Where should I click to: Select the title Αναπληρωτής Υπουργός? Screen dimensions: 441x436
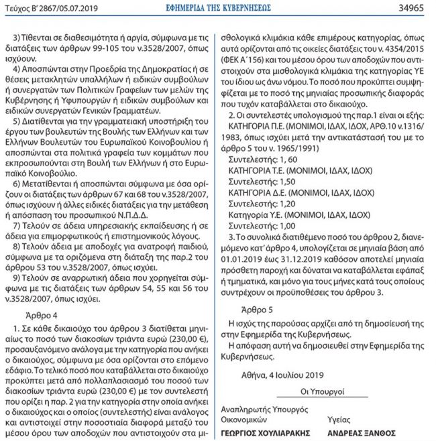coord(262,411)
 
